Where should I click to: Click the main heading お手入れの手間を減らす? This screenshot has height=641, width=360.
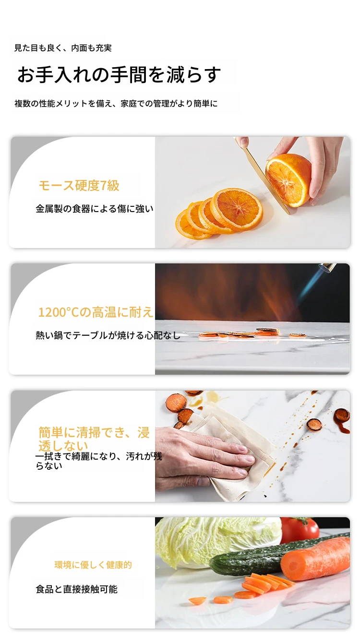pyautogui.click(x=119, y=74)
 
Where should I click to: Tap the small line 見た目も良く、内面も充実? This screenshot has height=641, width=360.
pyautogui.click(x=63, y=48)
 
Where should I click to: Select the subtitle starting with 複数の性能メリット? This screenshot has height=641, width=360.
pyautogui.click(x=116, y=103)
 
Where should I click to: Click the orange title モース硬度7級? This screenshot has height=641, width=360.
pyautogui.click(x=79, y=186)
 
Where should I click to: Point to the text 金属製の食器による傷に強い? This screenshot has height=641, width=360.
pyautogui.click(x=95, y=209)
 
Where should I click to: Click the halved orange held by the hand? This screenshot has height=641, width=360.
pyautogui.click(x=288, y=180)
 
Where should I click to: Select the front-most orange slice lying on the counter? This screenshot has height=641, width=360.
pyautogui.click(x=192, y=225)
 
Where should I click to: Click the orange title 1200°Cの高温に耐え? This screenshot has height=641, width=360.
pyautogui.click(x=96, y=312)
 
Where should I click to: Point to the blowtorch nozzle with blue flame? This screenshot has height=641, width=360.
pyautogui.click(x=327, y=268)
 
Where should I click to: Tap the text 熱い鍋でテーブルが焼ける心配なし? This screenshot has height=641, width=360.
pyautogui.click(x=108, y=335)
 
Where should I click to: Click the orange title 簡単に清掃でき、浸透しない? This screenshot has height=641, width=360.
pyautogui.click(x=94, y=439)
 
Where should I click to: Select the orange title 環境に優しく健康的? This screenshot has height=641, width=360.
pyautogui.click(x=93, y=565)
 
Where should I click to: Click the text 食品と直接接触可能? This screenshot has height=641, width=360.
pyautogui.click(x=76, y=589)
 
